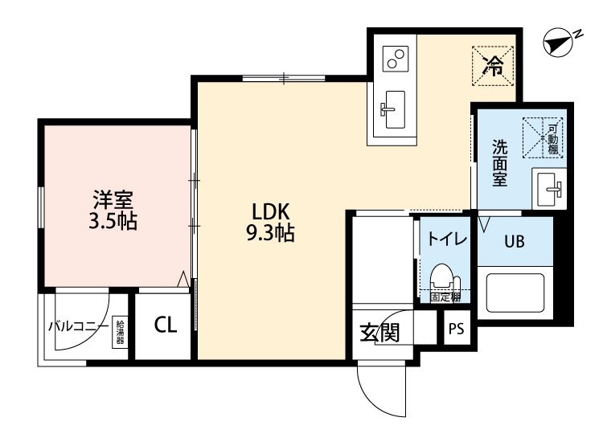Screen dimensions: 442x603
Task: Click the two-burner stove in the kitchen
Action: tap(395, 58)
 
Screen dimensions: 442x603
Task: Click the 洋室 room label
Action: tap(113, 198)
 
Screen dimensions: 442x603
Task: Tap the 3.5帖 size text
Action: tap(113, 221)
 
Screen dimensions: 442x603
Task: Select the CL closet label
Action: tap(165, 325)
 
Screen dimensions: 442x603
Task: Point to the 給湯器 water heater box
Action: tap(121, 331)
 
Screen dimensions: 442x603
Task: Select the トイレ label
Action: tap(443, 239)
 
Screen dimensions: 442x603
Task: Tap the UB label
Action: tap(514, 240)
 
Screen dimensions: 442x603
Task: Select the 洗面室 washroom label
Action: tap(499, 163)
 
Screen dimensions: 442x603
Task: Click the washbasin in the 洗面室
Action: tap(550, 190)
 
